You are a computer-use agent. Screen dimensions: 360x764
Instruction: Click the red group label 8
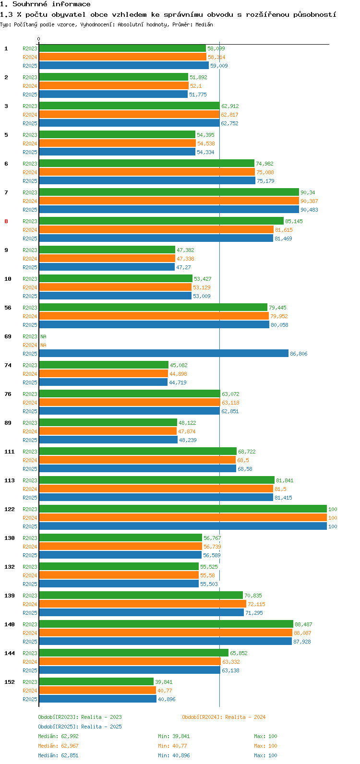point(6,221)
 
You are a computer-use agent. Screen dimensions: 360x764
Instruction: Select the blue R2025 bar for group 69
point(164,354)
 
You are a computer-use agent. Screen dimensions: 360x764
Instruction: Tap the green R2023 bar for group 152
point(96,682)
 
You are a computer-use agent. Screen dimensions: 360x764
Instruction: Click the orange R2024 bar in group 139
point(142,604)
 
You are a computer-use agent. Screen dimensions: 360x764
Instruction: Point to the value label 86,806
point(299,354)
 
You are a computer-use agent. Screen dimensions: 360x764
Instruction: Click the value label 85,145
point(294,221)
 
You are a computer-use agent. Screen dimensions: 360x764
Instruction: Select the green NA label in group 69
point(43,336)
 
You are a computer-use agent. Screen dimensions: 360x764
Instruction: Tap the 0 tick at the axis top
point(38,39)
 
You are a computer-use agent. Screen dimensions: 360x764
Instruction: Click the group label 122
point(10,509)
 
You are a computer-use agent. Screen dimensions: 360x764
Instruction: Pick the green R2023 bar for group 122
point(182,509)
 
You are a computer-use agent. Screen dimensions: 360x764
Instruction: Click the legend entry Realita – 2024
point(245,717)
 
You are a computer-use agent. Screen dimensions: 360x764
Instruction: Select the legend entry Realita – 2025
point(101,727)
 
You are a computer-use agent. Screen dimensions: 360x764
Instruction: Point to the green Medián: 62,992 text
point(59,736)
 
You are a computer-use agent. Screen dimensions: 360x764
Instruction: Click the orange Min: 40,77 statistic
point(172,746)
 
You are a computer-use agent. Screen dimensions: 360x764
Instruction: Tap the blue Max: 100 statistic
point(265,755)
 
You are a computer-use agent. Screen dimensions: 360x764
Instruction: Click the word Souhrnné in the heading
point(30,4)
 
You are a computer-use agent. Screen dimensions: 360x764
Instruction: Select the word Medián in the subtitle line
point(204,24)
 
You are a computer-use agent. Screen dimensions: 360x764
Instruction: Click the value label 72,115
point(256,604)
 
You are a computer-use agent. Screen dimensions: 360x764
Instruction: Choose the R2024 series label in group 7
point(30,201)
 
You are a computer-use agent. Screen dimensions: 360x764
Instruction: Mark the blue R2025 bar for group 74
point(103,382)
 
